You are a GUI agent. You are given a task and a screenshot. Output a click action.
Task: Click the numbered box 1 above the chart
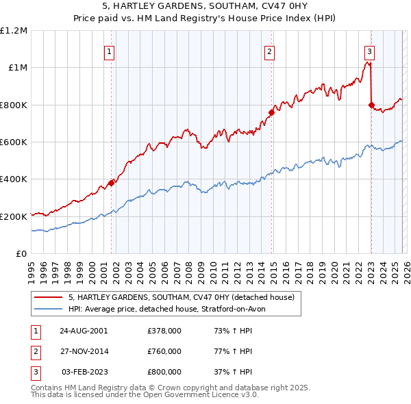click(x=110, y=51)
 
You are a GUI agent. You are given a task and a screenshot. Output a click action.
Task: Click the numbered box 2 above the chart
click(x=270, y=51)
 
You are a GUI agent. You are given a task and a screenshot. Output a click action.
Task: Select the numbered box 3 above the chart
click(x=369, y=51)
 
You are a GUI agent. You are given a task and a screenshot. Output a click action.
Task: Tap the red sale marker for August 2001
click(x=111, y=183)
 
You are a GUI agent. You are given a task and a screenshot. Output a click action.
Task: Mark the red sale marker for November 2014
click(x=272, y=112)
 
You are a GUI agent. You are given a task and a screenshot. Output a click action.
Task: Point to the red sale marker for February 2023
click(x=371, y=105)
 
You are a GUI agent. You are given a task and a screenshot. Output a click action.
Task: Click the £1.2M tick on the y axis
click(x=14, y=31)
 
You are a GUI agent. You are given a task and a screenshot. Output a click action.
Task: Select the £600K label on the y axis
click(x=14, y=142)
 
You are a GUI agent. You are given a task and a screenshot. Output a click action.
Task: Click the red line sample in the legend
click(x=48, y=297)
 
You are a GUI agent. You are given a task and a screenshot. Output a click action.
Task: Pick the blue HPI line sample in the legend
click(x=48, y=309)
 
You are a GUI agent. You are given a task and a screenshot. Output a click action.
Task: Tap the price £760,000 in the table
click(x=164, y=351)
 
